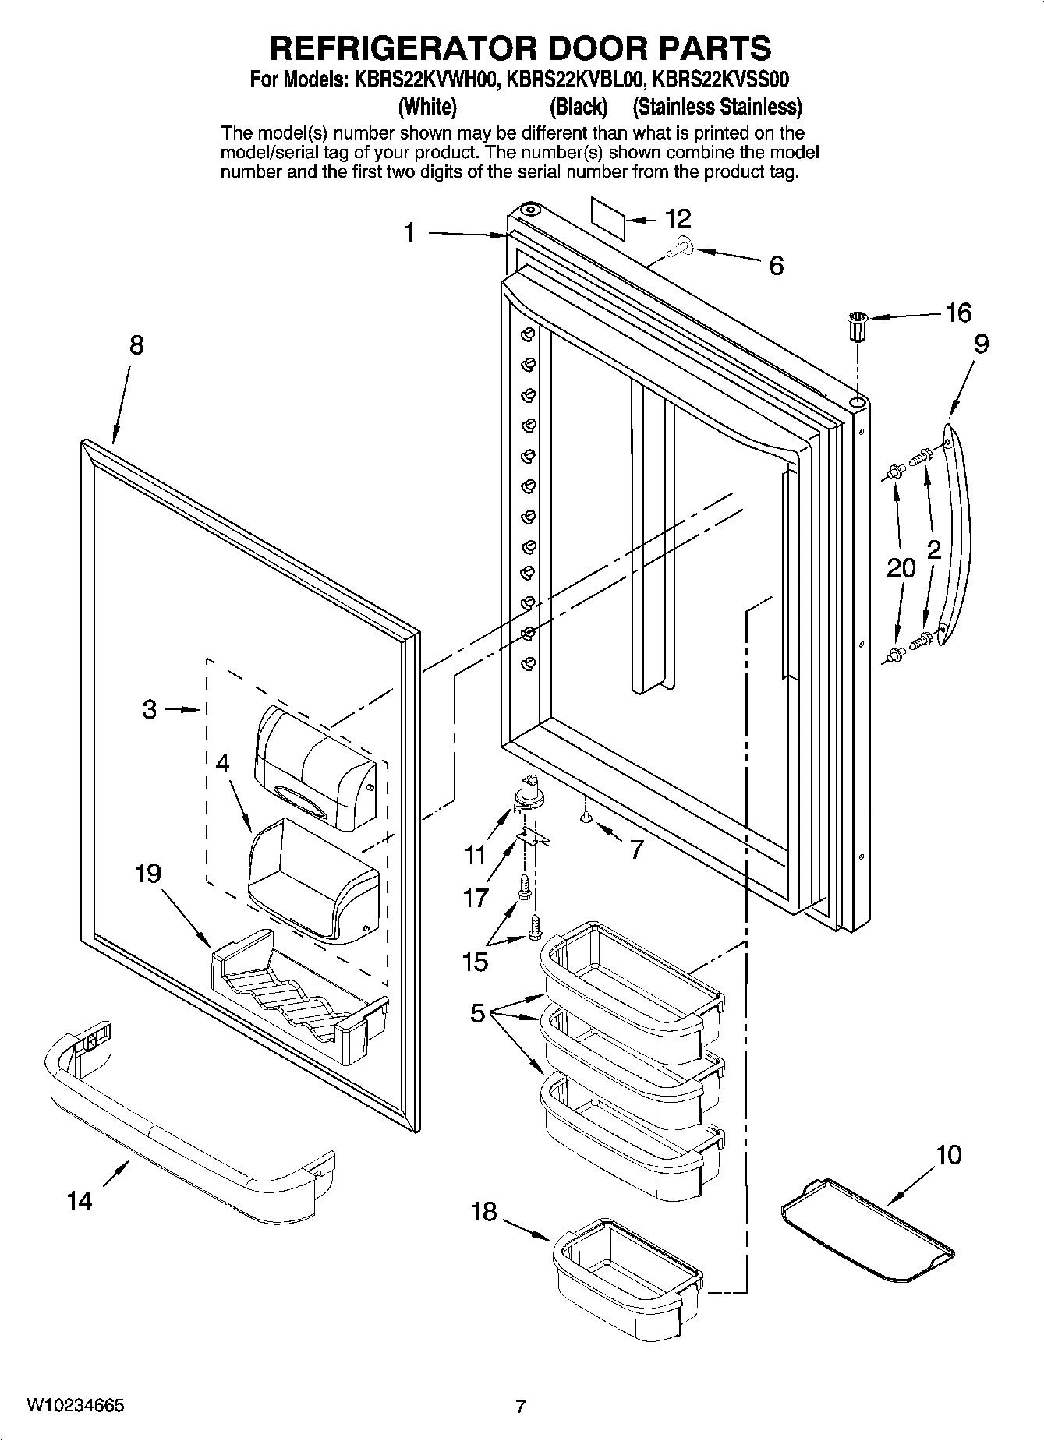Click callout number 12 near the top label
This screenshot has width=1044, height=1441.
click(x=678, y=219)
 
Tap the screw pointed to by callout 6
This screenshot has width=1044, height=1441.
click(x=679, y=248)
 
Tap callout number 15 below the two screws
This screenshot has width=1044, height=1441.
click(x=475, y=962)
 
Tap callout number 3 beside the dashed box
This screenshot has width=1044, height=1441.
click(x=149, y=709)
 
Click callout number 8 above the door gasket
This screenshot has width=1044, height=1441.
click(x=136, y=344)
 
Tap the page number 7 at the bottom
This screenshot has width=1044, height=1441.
click(x=521, y=1407)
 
